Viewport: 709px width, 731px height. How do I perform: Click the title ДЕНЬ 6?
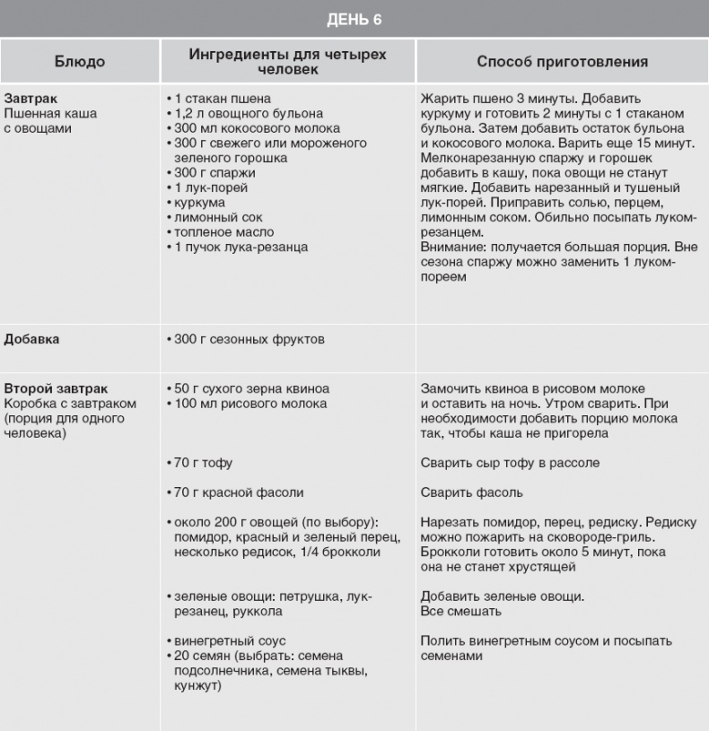pos(354,19)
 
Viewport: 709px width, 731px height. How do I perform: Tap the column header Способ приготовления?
pos(562,62)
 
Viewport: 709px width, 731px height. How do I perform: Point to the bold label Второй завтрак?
pos(56,388)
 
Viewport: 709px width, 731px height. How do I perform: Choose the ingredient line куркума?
pos(197,202)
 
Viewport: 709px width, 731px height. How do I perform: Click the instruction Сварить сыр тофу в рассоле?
pos(510,463)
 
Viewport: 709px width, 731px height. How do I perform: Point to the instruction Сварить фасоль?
pos(471,492)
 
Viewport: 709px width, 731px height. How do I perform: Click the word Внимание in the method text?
pos(451,247)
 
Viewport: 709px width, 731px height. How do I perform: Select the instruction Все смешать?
pos(460,611)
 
